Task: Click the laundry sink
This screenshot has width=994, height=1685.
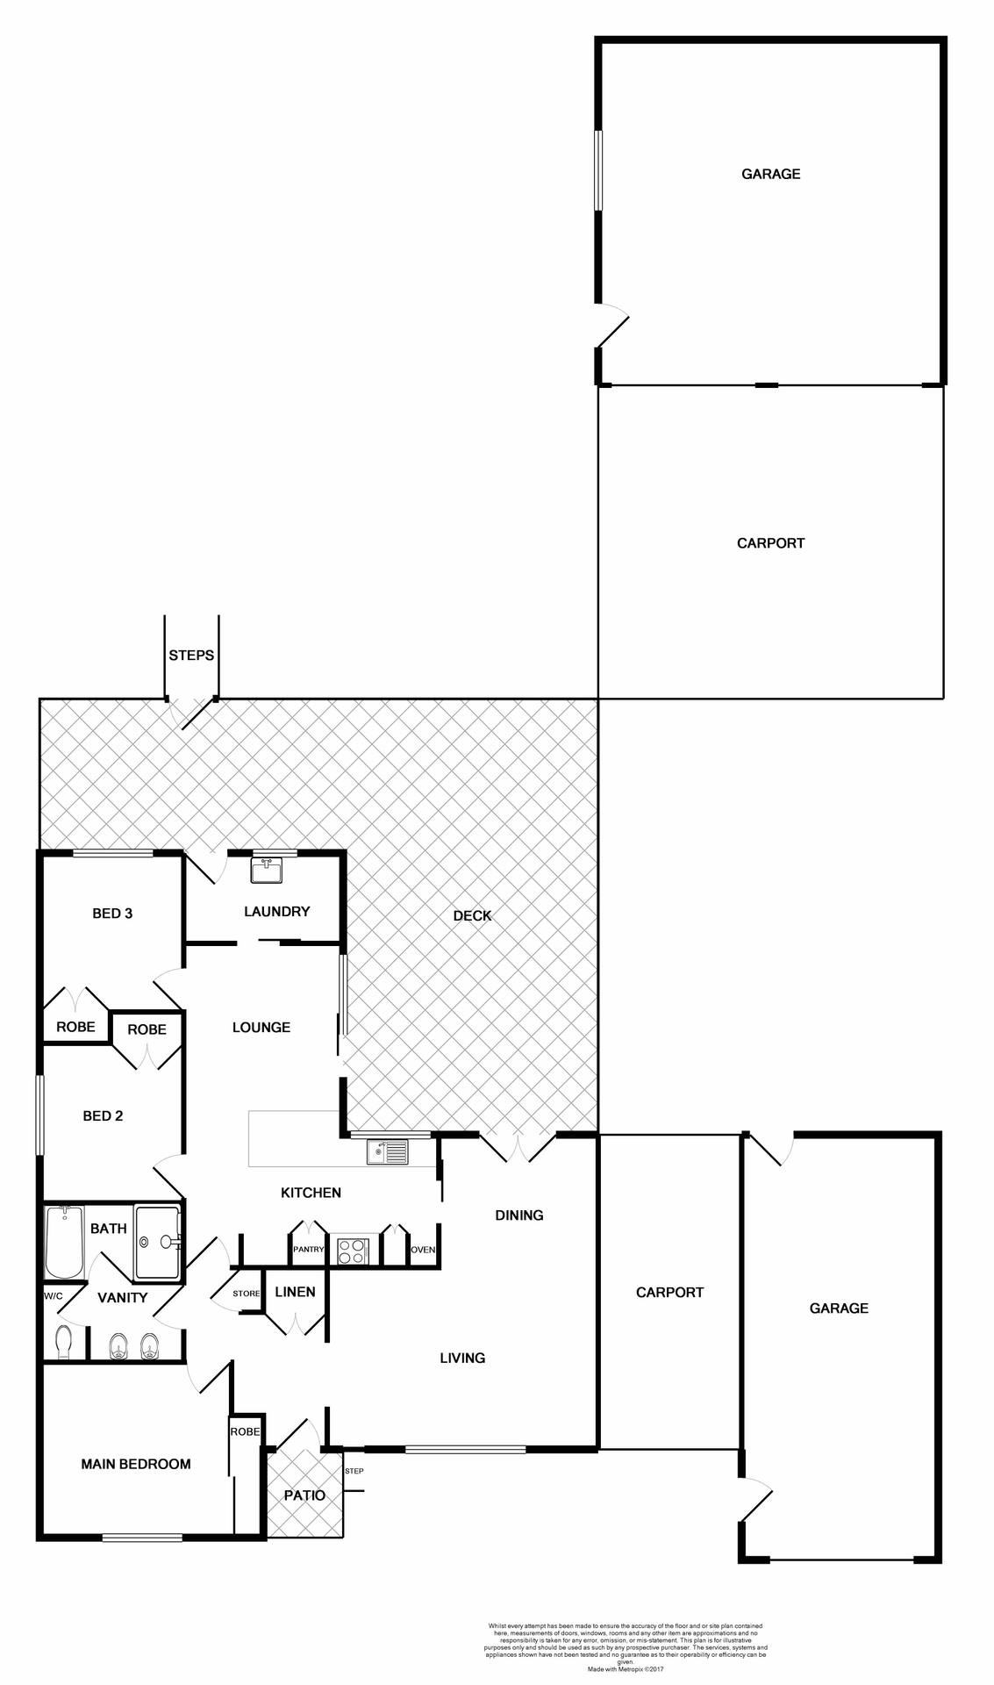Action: [266, 870]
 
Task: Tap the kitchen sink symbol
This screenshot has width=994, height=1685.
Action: [387, 1151]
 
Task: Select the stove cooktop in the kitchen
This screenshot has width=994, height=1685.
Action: [353, 1251]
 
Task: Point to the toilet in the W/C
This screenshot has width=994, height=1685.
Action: [63, 1340]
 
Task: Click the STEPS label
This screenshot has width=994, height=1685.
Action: [191, 656]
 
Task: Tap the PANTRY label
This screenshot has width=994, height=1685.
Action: [309, 1249]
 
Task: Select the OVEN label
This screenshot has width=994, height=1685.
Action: [423, 1250]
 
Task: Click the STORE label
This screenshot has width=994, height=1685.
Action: [247, 1294]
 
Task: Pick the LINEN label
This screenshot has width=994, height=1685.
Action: [295, 1292]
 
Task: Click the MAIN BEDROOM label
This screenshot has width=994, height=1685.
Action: [136, 1464]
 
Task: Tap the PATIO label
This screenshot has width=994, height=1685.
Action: [304, 1495]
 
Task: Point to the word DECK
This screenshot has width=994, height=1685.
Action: [472, 916]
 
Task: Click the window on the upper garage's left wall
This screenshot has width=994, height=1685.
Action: [598, 170]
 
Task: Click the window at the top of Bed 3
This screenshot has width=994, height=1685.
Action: [113, 853]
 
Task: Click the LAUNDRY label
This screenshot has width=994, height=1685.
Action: [276, 912]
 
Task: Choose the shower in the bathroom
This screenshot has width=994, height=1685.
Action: [158, 1242]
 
